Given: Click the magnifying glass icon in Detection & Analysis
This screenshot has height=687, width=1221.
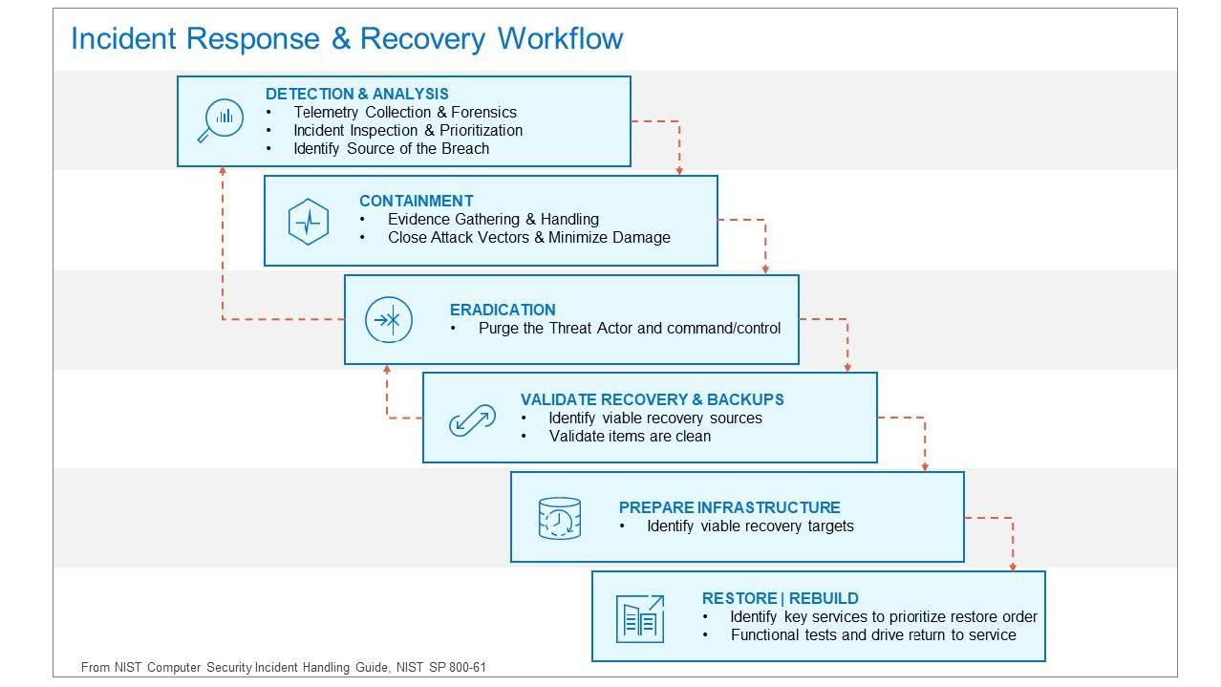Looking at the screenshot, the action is point(220,120).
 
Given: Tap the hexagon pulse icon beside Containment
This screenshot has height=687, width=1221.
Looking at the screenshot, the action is point(309,222).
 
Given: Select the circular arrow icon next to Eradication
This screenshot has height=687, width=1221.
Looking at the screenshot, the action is point(389,319).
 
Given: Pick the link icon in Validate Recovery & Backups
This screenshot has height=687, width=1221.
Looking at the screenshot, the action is point(472,419).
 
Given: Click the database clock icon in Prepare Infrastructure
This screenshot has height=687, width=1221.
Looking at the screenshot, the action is point(559,518).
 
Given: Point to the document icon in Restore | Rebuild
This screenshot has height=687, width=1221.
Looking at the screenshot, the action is point(640,619).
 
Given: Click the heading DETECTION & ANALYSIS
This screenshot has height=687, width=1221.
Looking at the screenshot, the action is point(357,94).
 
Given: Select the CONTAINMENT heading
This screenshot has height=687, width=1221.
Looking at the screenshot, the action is point(417,201).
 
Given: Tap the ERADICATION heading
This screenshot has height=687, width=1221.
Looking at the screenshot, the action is point(503,310).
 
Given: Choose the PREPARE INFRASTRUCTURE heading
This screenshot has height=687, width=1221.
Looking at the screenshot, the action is point(729,507).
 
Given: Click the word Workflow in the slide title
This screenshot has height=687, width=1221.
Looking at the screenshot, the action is point(561,39).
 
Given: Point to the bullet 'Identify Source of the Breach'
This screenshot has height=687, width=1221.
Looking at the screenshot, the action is point(392,148).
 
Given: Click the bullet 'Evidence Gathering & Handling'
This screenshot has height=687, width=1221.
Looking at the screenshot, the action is point(493,219).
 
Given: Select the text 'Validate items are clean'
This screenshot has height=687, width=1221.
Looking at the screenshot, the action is point(631,437).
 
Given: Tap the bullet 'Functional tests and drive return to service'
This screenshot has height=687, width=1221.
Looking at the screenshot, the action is point(873,634).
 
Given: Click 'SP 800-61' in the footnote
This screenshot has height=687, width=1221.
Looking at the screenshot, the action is point(458,667).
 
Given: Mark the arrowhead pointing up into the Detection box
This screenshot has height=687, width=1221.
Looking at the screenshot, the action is point(223,171).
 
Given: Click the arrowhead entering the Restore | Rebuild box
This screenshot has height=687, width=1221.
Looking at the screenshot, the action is point(1013,567).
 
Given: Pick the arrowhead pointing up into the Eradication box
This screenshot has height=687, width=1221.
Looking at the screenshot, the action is point(387,369).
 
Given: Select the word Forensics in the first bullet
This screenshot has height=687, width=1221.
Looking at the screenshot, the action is point(484,113).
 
